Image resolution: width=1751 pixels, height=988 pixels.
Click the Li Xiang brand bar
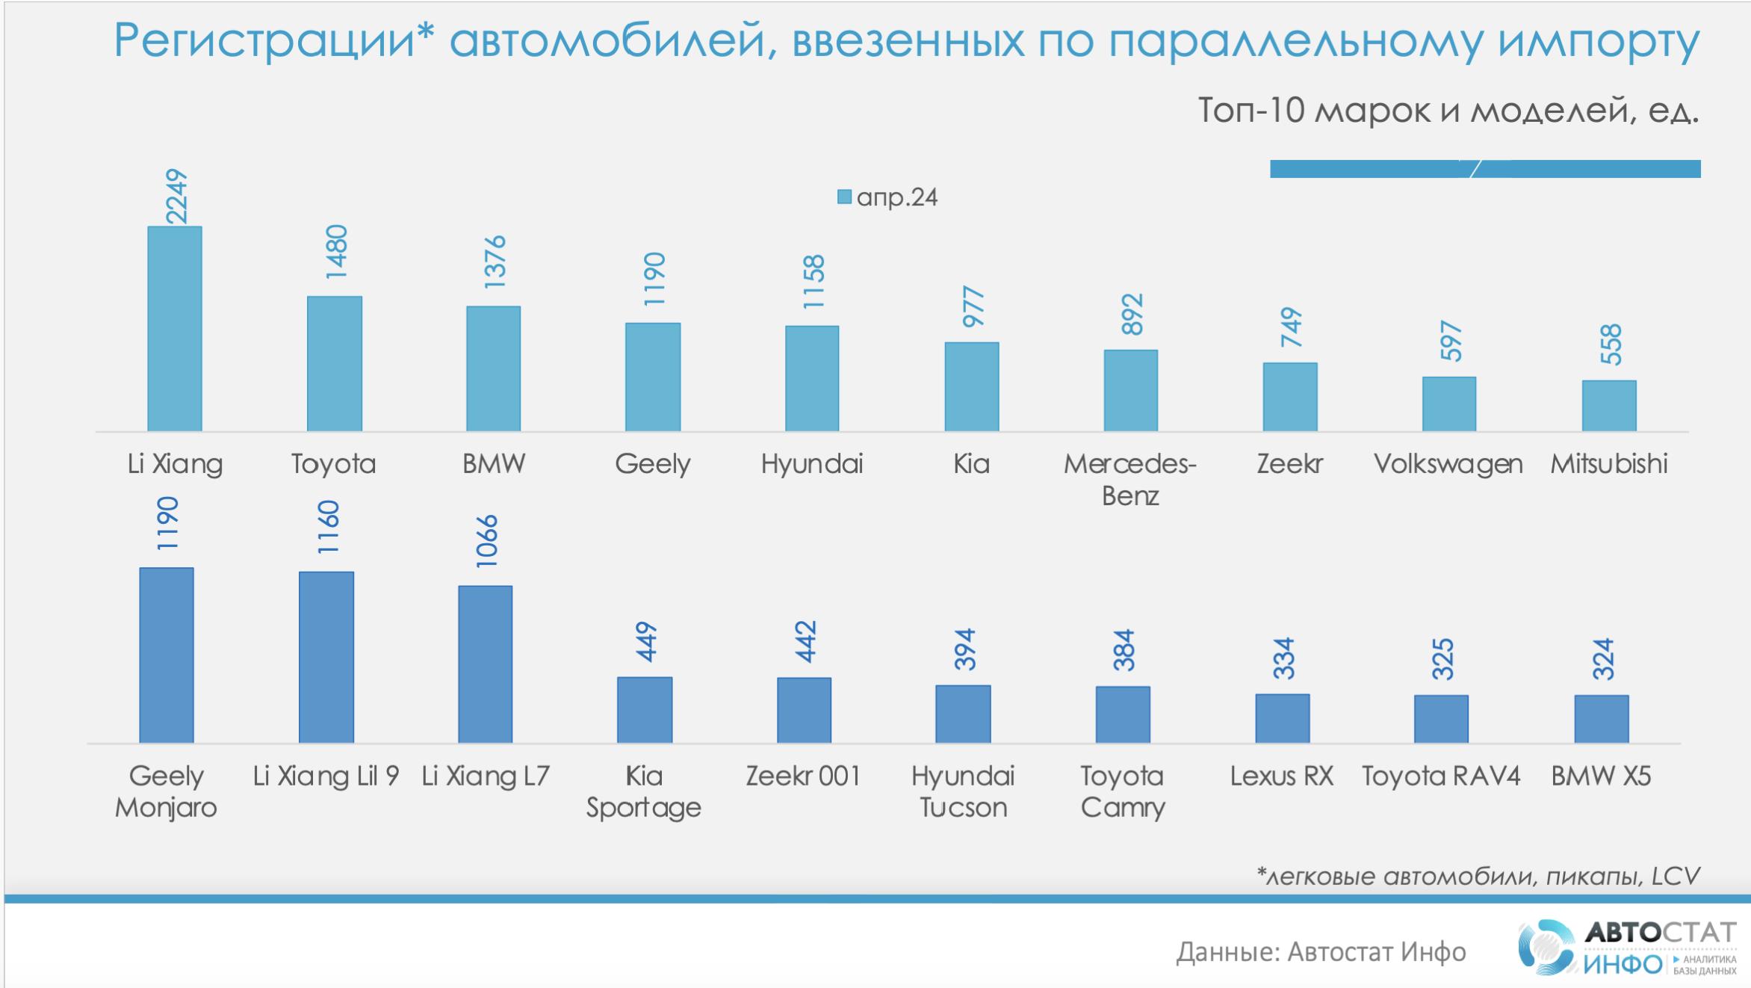175,329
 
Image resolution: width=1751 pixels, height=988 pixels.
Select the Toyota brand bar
334,364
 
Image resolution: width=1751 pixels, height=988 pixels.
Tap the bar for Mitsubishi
1609,406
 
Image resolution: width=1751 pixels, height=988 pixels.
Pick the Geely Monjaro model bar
167,655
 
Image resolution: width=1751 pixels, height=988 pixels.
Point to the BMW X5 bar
1602,719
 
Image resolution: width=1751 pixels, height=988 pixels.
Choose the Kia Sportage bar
645,710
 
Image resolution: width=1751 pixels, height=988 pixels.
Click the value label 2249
176,197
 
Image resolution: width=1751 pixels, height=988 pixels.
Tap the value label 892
1132,315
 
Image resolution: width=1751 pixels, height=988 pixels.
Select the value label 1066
486,541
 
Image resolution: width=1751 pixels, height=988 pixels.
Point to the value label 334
1283,658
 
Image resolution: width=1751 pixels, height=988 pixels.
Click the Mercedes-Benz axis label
1130,480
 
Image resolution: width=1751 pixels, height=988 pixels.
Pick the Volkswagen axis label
1448,464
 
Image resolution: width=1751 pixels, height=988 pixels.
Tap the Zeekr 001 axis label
803,776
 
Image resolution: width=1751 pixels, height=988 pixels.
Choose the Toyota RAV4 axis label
1441,776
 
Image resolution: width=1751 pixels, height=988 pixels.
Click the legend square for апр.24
844,197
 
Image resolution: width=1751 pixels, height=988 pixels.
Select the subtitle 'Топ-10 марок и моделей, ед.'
1448,111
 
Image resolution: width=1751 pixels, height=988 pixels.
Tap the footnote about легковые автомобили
1478,875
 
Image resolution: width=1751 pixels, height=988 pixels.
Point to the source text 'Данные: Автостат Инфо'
1321,952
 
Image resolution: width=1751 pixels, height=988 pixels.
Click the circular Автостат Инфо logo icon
1548,948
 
